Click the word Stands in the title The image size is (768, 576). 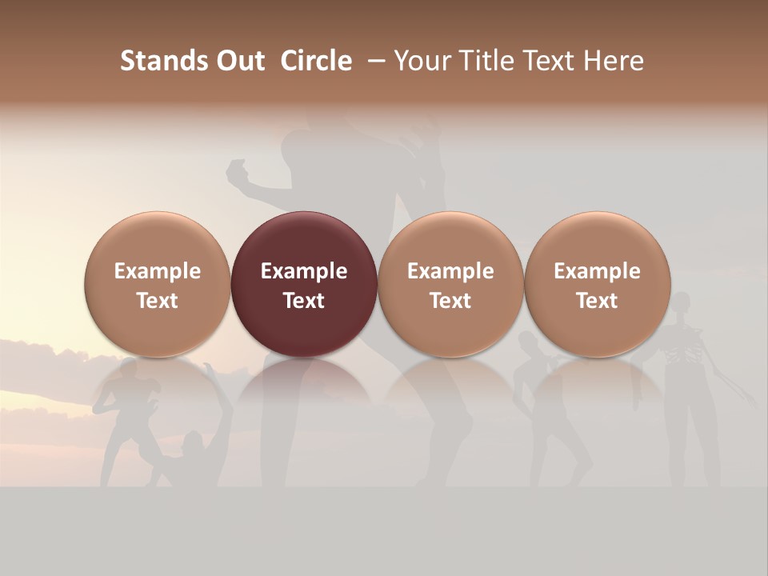point(153,61)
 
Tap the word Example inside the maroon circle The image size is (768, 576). point(304,271)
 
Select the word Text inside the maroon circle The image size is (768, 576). point(304,301)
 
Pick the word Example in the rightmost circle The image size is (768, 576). point(597,271)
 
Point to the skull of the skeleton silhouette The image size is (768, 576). point(681,303)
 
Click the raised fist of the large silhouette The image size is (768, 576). point(238,170)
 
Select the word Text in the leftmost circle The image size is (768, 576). point(157,301)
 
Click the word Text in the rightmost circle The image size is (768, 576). point(597,301)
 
